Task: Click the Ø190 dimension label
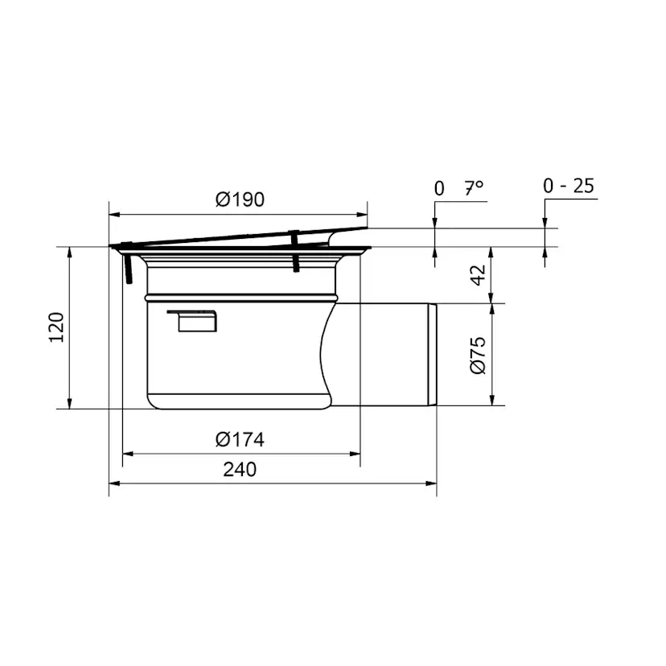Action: [x=240, y=199]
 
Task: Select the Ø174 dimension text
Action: [x=240, y=439]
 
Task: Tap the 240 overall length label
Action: [x=240, y=470]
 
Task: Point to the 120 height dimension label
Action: [x=56, y=327]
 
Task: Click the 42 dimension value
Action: [x=479, y=275]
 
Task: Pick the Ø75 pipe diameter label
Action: [x=479, y=355]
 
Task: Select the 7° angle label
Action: [x=474, y=187]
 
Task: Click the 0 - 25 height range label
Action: [x=569, y=186]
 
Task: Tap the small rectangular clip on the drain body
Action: [x=193, y=321]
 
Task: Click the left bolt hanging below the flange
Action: [x=127, y=268]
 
